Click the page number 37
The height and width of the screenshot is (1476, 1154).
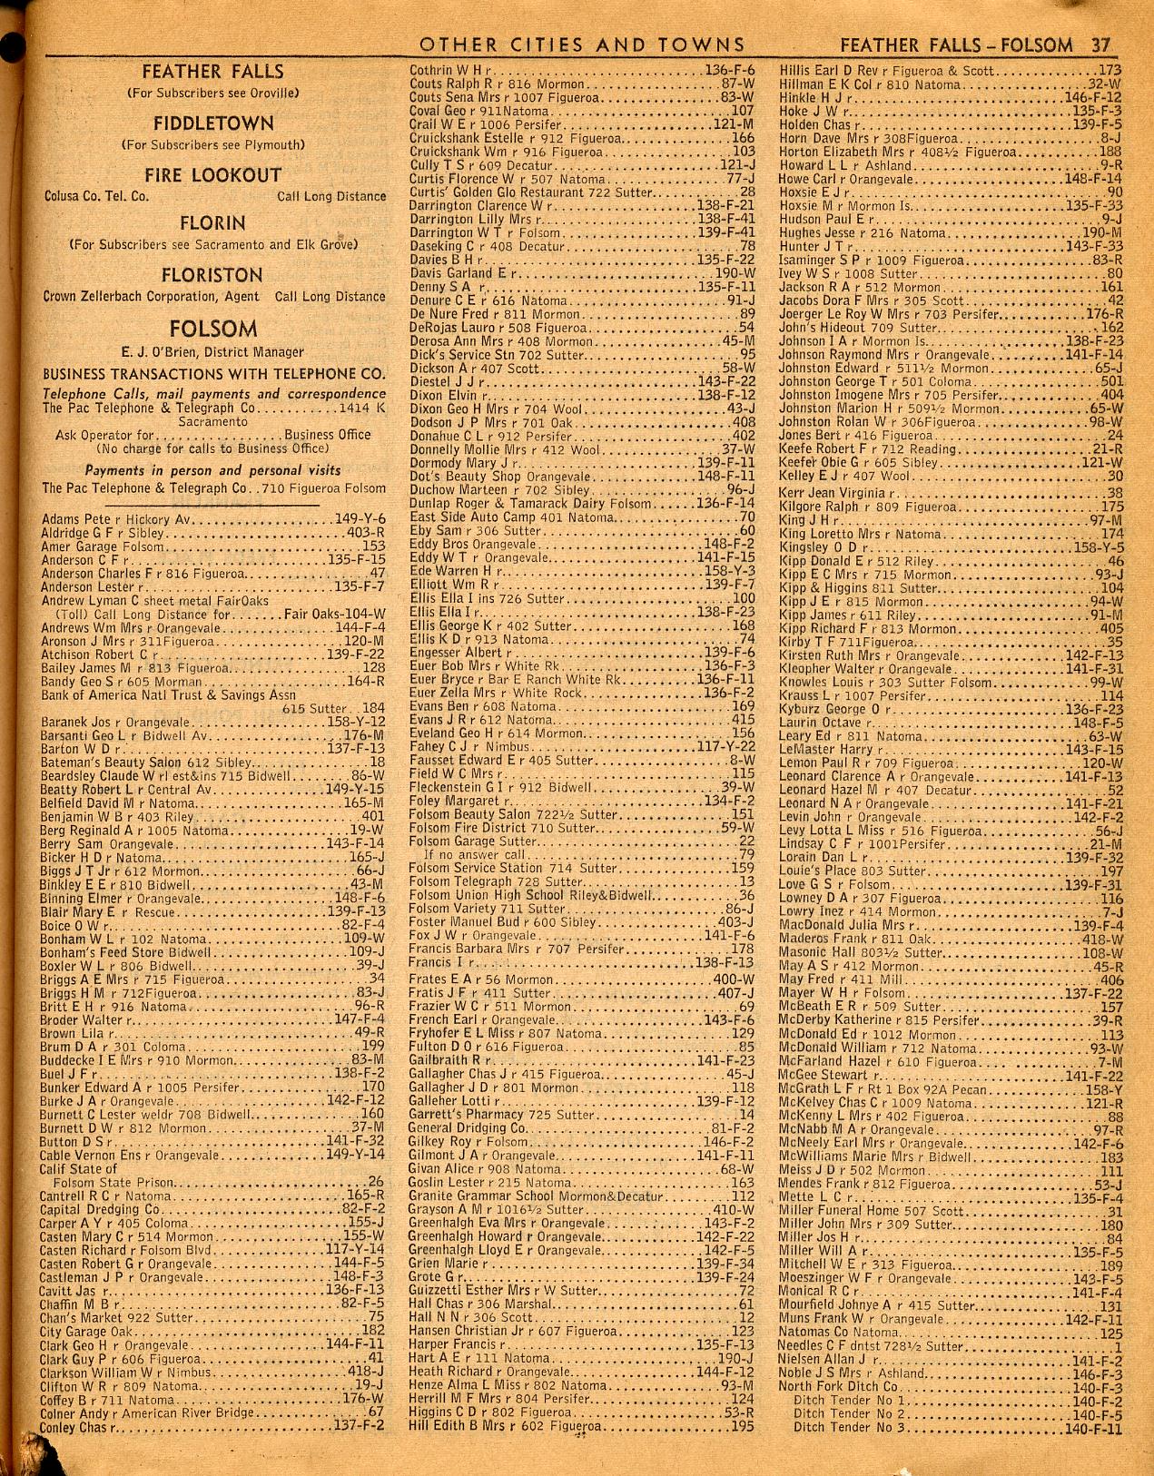1101,44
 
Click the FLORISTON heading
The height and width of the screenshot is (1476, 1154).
212,275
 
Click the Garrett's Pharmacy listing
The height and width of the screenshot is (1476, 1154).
581,1114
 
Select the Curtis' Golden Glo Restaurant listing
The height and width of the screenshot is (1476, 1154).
581,192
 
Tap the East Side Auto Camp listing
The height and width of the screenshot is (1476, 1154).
581,517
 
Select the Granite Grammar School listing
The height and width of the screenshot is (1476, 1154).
581,1196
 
